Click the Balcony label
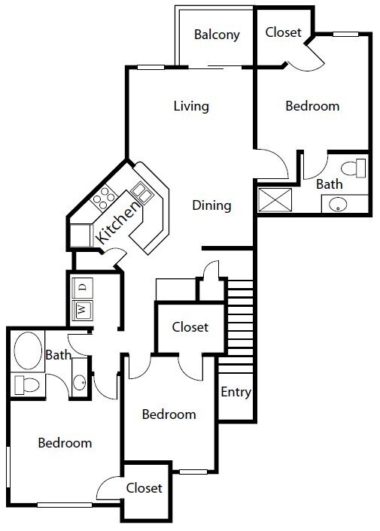pyautogui.click(x=217, y=35)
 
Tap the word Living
pyautogui.click(x=190, y=106)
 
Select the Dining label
pyautogui.click(x=211, y=205)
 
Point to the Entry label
pyautogui.click(x=236, y=392)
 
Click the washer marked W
pyautogui.click(x=81, y=308)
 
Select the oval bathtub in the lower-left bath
pyautogui.click(x=28, y=350)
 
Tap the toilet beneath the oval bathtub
pyautogui.click(x=26, y=384)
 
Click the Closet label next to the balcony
pyautogui.click(x=284, y=32)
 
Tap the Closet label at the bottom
pyautogui.click(x=144, y=488)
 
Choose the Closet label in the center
pyautogui.click(x=190, y=327)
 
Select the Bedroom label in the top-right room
pyautogui.click(x=312, y=106)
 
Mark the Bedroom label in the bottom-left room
pyautogui.click(x=65, y=443)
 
